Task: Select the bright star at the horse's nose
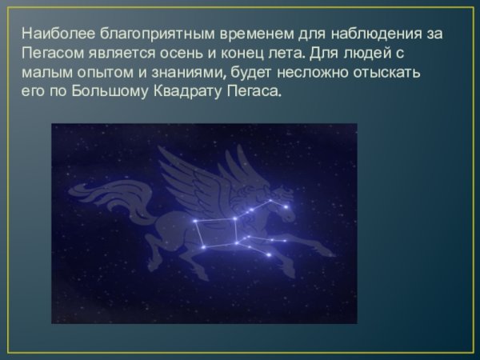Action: pos(286,207)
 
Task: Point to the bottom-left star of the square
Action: pos(203,247)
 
